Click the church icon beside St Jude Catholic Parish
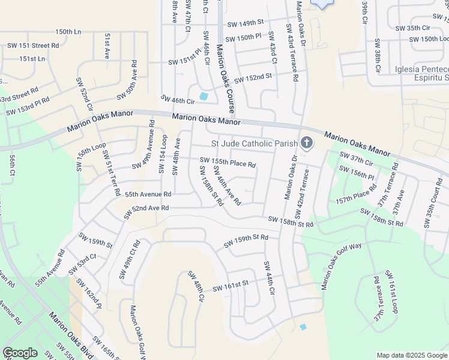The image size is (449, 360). click(x=307, y=143)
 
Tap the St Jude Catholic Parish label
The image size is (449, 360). click(x=255, y=143)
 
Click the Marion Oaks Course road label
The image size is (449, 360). click(x=224, y=78)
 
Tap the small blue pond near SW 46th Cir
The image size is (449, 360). click(x=203, y=96)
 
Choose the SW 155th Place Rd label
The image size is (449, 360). click(x=228, y=163)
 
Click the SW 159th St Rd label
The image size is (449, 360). click(x=246, y=241)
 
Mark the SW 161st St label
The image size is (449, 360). click(x=230, y=284)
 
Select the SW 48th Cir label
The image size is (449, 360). click(x=196, y=287)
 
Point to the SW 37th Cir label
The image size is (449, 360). click(x=357, y=159)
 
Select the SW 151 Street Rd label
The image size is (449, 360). click(x=33, y=45)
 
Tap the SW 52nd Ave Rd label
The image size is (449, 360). click(x=146, y=208)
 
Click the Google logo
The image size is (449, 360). click(x=20, y=353)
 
